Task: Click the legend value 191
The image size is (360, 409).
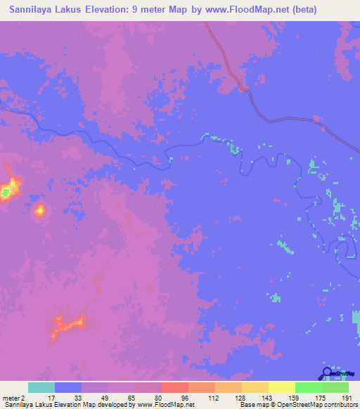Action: tap(347, 397)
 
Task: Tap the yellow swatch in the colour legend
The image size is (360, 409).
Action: tap(281, 387)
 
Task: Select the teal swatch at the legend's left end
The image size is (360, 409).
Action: tap(41, 387)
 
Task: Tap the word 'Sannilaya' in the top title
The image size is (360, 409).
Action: tap(31, 10)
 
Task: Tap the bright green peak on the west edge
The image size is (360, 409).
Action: tap(6, 190)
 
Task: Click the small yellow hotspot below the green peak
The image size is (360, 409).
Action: tap(40, 209)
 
